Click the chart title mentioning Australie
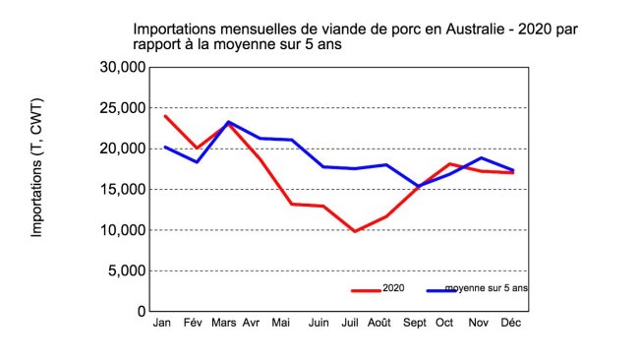(355, 37)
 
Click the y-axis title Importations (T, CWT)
(37, 168)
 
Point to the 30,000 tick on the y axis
(124, 67)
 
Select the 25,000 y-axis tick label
(124, 107)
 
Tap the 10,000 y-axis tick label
(124, 230)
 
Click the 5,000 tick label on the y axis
(128, 270)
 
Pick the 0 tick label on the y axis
(142, 311)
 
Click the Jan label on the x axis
(163, 323)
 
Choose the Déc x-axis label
(511, 323)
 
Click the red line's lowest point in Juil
(354, 231)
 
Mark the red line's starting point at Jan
(164, 116)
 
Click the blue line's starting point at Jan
(164, 147)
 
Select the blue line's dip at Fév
(197, 161)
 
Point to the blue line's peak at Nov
(481, 157)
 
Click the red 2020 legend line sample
(366, 290)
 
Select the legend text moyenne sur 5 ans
(494, 289)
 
